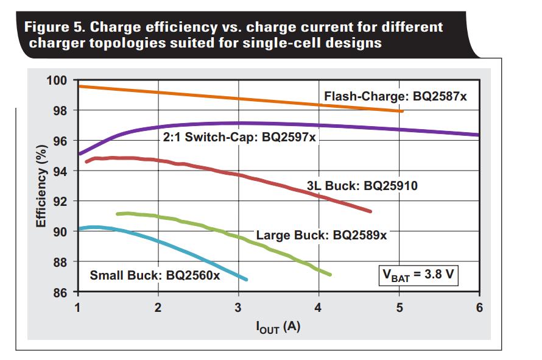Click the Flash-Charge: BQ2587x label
(x=395, y=96)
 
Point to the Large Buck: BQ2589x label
(x=321, y=235)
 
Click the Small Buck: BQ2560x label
(x=155, y=275)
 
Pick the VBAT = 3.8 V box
(x=418, y=274)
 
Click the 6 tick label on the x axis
(x=479, y=307)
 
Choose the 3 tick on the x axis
(x=238, y=307)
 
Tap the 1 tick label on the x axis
(x=77, y=307)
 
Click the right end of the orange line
(x=401, y=111)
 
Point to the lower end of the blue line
(x=247, y=280)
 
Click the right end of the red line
(x=370, y=211)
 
